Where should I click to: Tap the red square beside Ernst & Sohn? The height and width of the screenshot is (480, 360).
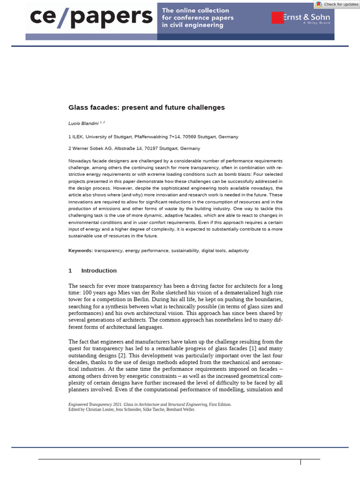277,17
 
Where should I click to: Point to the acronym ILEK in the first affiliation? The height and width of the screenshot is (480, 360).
77,137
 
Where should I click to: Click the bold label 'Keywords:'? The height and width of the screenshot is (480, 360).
81,251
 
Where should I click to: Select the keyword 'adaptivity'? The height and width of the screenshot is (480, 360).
238,251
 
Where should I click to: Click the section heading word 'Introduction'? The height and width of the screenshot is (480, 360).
99,270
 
